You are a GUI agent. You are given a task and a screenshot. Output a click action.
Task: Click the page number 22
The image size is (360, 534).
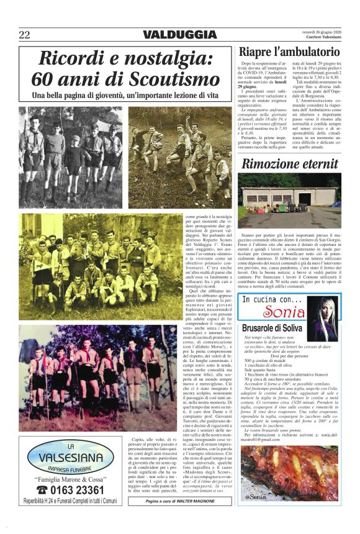[x=24, y=35]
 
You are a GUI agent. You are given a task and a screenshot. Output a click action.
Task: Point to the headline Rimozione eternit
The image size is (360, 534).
[x=290, y=165]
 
